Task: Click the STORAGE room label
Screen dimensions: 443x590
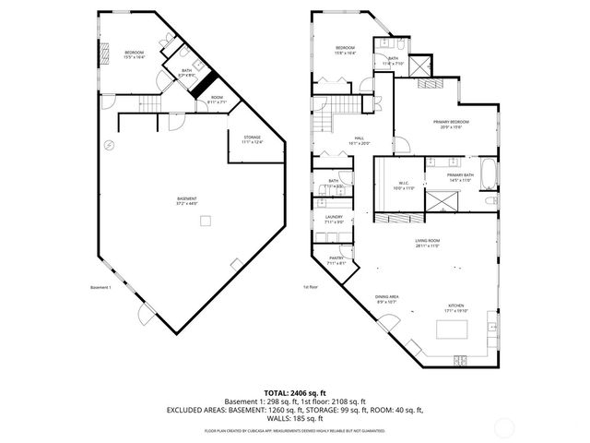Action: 252,138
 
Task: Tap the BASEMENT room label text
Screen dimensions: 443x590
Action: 187,200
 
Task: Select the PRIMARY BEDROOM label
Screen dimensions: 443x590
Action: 452,124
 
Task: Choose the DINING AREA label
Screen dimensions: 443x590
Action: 386,298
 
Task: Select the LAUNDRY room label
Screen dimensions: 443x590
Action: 334,220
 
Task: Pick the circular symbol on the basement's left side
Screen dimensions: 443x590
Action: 109,145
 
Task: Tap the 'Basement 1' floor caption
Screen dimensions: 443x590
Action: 100,286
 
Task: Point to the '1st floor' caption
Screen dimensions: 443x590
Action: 311,286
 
